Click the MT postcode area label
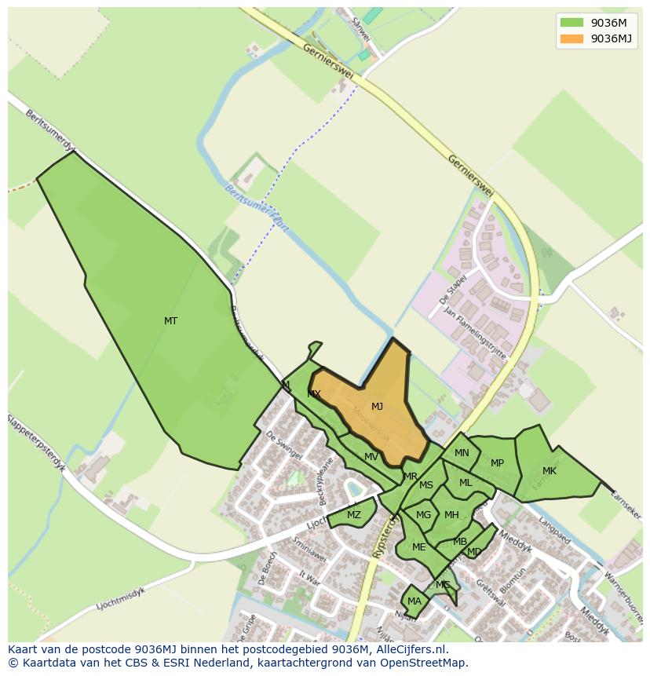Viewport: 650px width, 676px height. point(170,320)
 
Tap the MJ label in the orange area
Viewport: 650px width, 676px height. point(377,406)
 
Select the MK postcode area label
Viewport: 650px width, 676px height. point(550,471)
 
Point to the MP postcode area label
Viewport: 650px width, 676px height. point(497,463)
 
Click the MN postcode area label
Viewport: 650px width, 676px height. point(462,452)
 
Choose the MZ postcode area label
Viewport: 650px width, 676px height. point(354,515)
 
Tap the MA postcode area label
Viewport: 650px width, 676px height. point(414,601)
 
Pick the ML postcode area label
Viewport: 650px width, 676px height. point(466,483)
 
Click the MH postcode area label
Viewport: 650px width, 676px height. point(451,515)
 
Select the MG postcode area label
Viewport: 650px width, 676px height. point(424,515)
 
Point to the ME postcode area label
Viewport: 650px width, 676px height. point(418,547)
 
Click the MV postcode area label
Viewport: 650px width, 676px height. point(371,457)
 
